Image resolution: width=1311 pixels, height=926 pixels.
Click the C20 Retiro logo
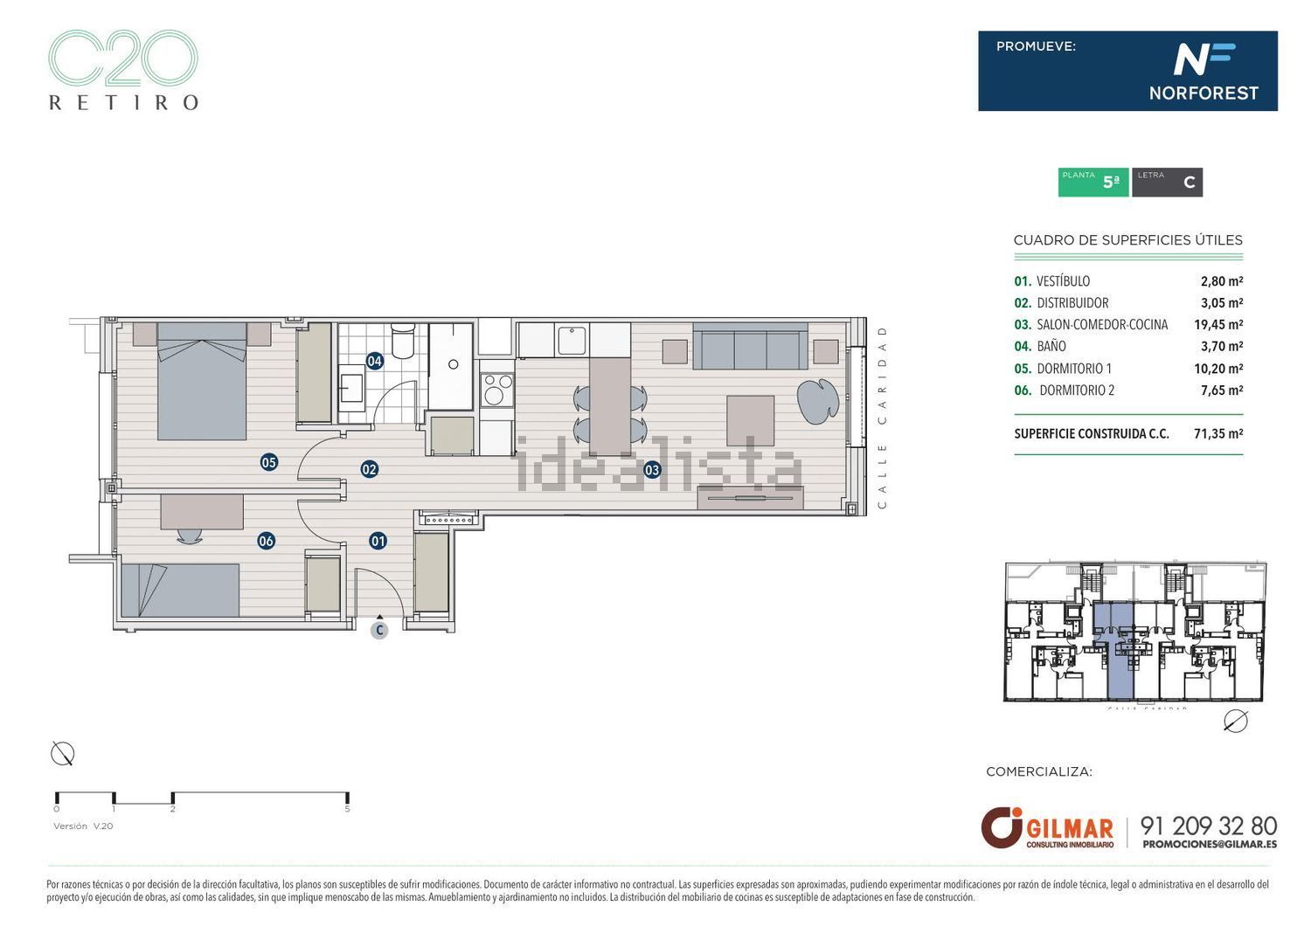click(x=122, y=70)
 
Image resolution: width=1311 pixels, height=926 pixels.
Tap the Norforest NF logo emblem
click(x=1203, y=59)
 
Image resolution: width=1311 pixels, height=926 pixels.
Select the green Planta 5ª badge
click(x=1092, y=182)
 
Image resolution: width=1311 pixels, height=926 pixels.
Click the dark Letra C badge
click(x=1167, y=182)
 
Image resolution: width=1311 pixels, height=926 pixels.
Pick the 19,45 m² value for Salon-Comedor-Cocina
click(x=1217, y=325)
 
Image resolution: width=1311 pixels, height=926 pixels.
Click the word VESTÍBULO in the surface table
click(x=1063, y=281)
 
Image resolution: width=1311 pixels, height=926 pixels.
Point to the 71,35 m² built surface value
click(x=1217, y=433)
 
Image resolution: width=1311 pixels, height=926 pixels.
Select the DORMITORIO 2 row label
click(x=1076, y=390)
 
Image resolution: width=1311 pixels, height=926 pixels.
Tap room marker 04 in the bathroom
click(x=374, y=361)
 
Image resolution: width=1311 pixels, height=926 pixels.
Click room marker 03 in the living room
click(x=652, y=470)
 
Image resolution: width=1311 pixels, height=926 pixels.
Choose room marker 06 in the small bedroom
click(x=266, y=541)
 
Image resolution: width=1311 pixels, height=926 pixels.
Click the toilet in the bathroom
click(x=403, y=342)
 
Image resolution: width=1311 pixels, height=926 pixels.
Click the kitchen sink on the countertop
click(x=572, y=340)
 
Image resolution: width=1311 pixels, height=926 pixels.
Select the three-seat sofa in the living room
click(x=750, y=347)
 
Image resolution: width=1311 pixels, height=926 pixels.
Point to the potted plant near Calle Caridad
click(x=817, y=400)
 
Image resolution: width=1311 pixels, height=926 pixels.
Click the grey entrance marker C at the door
click(x=379, y=630)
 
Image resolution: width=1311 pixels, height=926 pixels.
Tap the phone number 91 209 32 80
click(x=1209, y=826)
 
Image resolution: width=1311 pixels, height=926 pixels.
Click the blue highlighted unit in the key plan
click(x=1113, y=651)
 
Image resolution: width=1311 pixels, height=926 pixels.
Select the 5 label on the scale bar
click(x=348, y=809)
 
